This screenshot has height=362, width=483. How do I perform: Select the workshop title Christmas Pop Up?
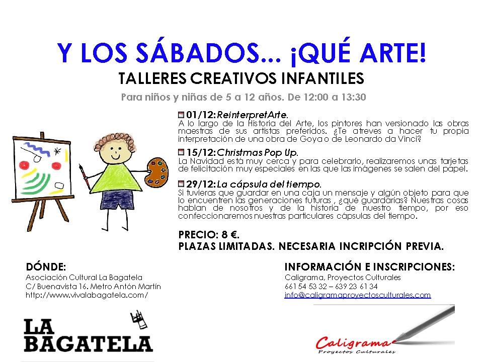tap(258, 152)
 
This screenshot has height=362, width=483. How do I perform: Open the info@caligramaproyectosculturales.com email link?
tap(357, 295)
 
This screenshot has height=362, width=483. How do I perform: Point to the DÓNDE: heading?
tap(45, 266)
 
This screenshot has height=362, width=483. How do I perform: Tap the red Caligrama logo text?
tap(352, 343)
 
